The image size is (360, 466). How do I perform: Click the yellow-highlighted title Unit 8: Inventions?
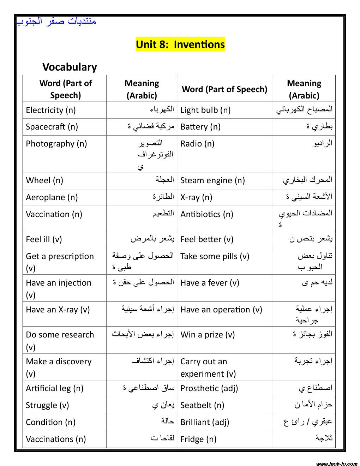tap(180, 44)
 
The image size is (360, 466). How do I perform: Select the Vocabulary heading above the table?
tap(70, 67)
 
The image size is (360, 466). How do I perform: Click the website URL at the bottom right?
tap(336, 464)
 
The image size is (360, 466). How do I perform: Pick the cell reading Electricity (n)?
tap(51, 110)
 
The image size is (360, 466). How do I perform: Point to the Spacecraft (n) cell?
tap(52, 127)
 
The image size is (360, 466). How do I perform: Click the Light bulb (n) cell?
tap(205, 110)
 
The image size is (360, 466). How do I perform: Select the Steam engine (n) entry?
tap(212, 180)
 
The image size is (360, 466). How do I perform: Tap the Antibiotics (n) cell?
tap(207, 214)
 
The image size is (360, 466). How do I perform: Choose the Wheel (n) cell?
tap(44, 180)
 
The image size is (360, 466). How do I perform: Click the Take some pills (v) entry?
tap(215, 256)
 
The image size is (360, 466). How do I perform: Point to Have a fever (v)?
tap(210, 283)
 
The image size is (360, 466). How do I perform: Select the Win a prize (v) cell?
tap(208, 335)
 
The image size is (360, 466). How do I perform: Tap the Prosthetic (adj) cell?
tap(209, 388)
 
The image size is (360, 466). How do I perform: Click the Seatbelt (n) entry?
tap(202, 405)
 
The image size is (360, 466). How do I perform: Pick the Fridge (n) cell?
tap(198, 439)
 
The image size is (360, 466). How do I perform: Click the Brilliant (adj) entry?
tap(205, 422)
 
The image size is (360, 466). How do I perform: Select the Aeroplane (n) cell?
tap(52, 197)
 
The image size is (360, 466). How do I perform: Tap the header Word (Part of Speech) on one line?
tap(224, 89)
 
